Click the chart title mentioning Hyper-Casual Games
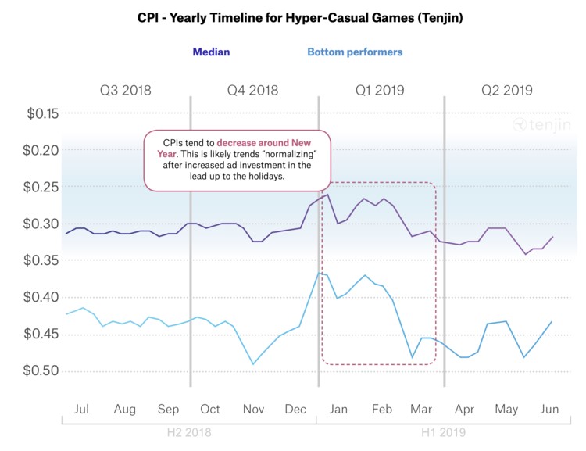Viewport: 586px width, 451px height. (300, 17)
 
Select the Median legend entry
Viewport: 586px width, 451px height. (211, 52)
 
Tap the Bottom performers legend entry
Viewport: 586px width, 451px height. (355, 52)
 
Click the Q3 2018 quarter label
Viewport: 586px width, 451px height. (126, 90)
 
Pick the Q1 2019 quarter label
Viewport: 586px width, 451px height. (380, 90)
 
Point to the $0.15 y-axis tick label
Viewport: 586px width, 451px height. (43, 113)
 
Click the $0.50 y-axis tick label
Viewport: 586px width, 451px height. (41, 370)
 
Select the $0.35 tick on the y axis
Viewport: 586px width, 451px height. (41, 260)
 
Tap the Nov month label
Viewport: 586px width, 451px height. (253, 409)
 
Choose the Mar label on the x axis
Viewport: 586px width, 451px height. (421, 409)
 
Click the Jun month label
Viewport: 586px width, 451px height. (549, 409)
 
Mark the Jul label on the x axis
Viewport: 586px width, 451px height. (81, 409)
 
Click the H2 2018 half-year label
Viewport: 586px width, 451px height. (189, 433)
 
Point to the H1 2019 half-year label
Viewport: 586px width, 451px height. (443, 433)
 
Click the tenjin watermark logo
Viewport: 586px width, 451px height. (542, 124)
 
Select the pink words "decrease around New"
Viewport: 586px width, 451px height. (264, 143)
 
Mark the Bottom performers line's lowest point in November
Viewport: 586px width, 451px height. (253, 364)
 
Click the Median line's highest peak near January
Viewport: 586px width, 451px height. (327, 195)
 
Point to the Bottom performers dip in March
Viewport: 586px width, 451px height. (413, 357)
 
